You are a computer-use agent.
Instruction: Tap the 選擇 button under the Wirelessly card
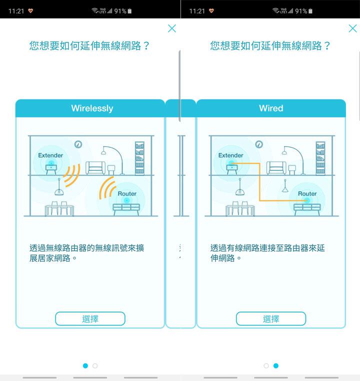(x=90, y=319)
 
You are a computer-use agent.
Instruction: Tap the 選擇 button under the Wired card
(x=270, y=319)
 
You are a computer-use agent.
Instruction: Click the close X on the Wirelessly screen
(x=172, y=28)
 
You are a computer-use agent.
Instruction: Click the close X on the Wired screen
(x=352, y=28)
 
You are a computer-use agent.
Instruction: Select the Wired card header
(x=271, y=108)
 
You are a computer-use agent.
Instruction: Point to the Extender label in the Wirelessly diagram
(x=50, y=155)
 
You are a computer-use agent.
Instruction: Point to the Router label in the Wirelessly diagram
(x=127, y=193)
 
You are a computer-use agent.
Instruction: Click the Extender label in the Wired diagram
(x=231, y=155)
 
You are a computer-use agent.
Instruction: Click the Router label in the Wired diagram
(x=307, y=193)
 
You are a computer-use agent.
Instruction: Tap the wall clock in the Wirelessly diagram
(x=78, y=144)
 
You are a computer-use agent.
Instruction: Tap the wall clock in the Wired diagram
(x=258, y=144)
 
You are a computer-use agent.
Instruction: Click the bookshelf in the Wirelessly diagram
(x=139, y=158)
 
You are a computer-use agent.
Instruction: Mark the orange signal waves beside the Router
(x=107, y=187)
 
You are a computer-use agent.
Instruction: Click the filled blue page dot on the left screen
(x=85, y=366)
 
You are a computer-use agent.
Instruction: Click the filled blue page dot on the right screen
(x=276, y=366)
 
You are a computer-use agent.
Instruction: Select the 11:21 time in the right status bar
(x=197, y=10)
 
